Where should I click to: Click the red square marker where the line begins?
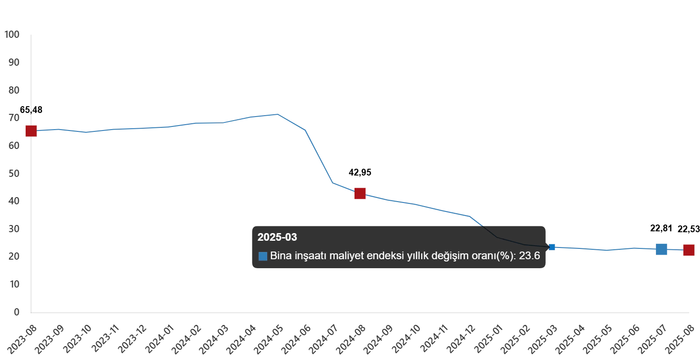coord(31,131)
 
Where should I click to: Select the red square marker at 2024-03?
coord(360,194)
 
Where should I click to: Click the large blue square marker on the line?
coord(662,248)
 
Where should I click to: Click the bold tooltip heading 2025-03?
coord(277,237)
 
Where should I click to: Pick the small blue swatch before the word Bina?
coord(263,256)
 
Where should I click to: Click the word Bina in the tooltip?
coord(280,256)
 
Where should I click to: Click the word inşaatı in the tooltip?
coord(310,256)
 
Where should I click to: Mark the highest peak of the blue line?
coord(275,114)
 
